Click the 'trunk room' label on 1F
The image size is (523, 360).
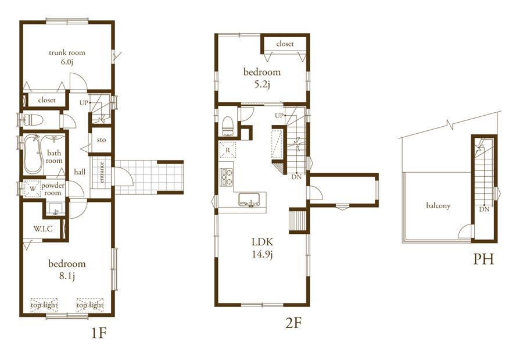(x=67, y=52)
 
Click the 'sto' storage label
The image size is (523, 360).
(x=101, y=140)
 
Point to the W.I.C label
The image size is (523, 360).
(x=43, y=229)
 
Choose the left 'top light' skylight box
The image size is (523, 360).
(x=44, y=305)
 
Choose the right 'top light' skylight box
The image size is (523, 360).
(x=89, y=305)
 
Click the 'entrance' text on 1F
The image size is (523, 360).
(x=102, y=172)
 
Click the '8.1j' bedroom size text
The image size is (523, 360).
(x=67, y=276)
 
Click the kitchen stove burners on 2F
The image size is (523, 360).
(x=226, y=177)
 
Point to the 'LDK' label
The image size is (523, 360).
(x=262, y=241)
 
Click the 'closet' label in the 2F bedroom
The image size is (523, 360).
(x=285, y=44)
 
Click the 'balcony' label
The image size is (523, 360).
(x=438, y=205)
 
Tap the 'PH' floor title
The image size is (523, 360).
(x=483, y=259)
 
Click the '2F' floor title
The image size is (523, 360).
(x=293, y=322)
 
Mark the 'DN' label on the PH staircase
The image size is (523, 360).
(x=483, y=209)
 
